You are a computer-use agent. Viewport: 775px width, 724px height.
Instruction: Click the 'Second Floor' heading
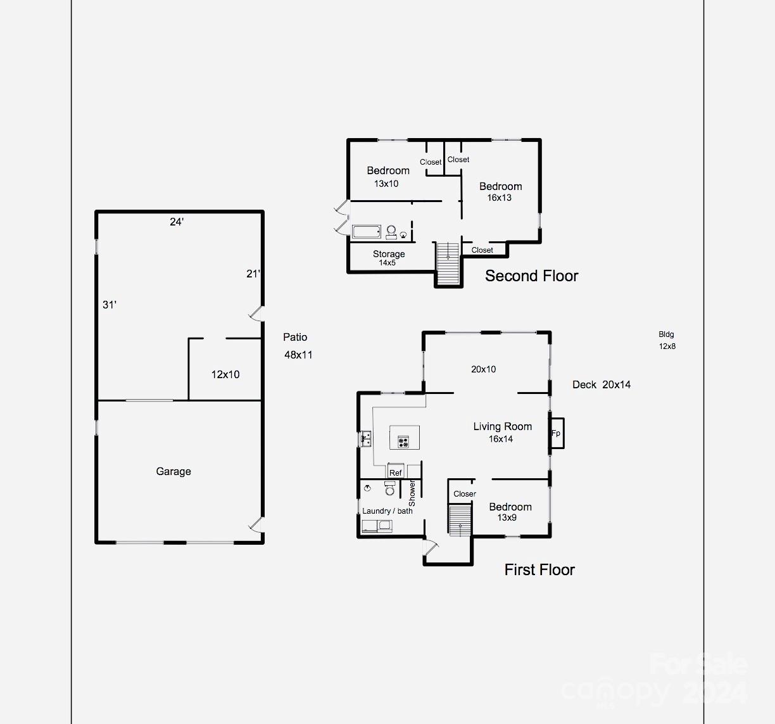pos(531,276)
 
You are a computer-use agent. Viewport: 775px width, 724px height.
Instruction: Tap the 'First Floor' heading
pos(539,569)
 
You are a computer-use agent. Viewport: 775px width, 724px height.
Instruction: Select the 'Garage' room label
pos(173,471)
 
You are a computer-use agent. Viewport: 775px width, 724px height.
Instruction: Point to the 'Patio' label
pos(295,338)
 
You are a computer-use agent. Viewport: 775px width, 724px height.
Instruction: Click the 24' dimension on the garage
pos(177,222)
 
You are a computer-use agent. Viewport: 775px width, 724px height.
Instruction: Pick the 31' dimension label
pos(110,305)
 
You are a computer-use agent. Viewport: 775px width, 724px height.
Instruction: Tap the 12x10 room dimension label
pos(225,374)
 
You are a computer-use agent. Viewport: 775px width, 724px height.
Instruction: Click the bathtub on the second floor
pos(367,232)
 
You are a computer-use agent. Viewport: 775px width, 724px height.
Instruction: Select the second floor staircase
pos(448,263)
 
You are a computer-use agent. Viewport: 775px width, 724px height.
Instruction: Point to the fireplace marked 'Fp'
pos(556,433)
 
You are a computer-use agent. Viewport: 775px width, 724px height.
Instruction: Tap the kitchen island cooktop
pos(403,441)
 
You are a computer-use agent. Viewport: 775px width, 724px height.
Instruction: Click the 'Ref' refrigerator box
pos(396,473)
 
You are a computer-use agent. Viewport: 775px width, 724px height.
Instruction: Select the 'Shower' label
pos(412,493)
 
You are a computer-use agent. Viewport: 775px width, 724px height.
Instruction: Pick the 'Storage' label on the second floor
pos(389,254)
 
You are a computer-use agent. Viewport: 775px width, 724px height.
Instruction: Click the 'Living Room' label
pos(502,426)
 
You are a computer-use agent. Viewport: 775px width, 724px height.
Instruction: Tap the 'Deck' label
pos(584,384)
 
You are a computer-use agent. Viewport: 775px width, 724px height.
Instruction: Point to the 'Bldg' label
pos(666,334)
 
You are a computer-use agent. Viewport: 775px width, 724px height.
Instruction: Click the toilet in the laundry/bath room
pos(390,488)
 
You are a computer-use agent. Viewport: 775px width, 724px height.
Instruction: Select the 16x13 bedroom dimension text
pos(499,198)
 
